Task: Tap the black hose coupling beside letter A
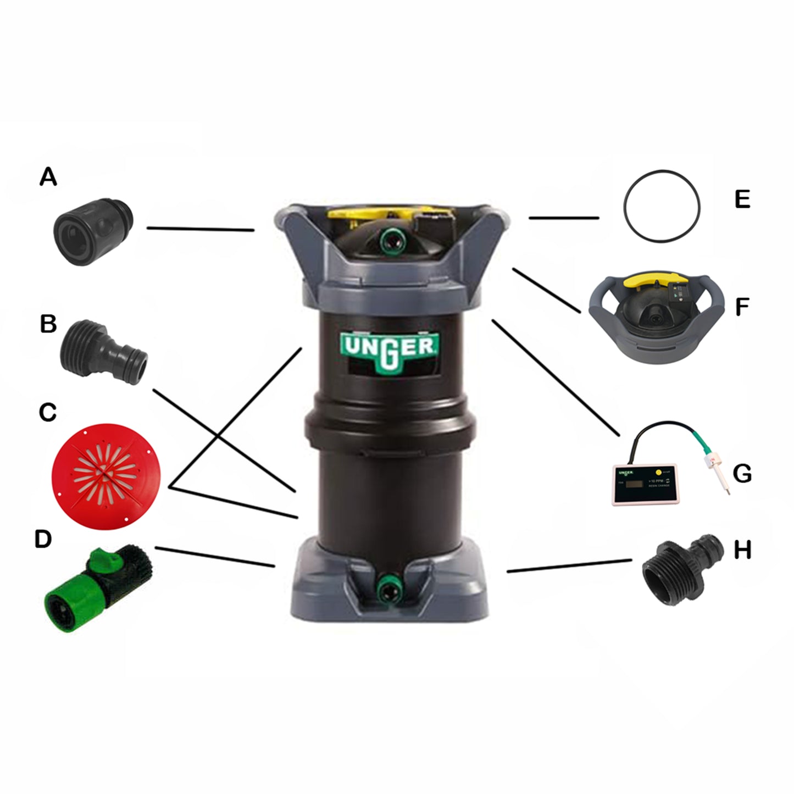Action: tap(93, 232)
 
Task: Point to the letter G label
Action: tap(742, 473)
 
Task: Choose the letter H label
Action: tap(742, 549)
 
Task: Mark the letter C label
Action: tap(48, 412)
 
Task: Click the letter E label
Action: tap(742, 199)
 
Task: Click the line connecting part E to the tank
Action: tap(563, 218)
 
